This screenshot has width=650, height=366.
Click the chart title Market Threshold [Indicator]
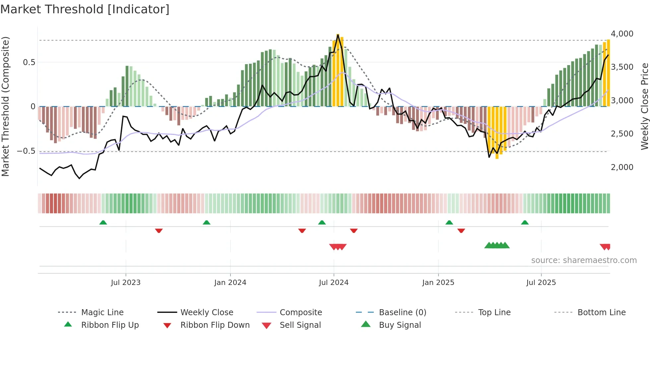pos(85,9)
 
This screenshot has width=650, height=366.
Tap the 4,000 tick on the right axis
pos(622,34)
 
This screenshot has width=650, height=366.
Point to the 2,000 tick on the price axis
pos(622,167)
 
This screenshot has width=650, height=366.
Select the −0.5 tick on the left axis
pos(26,151)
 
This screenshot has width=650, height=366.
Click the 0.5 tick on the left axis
pos(29,62)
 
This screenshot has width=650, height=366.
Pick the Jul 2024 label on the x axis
pos(334,283)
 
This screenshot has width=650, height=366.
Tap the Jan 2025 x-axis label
pos(438,283)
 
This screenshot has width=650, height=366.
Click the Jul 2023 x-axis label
pos(126,283)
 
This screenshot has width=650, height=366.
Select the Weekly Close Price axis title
pos(644,106)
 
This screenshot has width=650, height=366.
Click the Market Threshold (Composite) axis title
pos(5,106)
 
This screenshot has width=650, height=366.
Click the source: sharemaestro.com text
pos(584,260)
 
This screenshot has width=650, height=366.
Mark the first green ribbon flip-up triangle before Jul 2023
pos(103,223)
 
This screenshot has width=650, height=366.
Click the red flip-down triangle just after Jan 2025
pos(461,230)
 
